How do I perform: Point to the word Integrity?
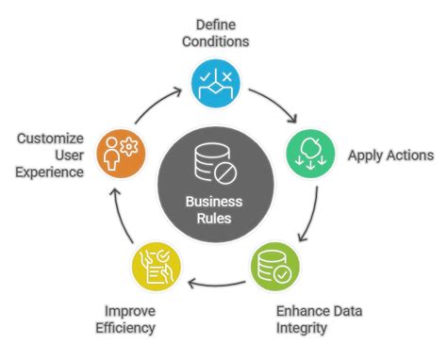[x=302, y=329]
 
